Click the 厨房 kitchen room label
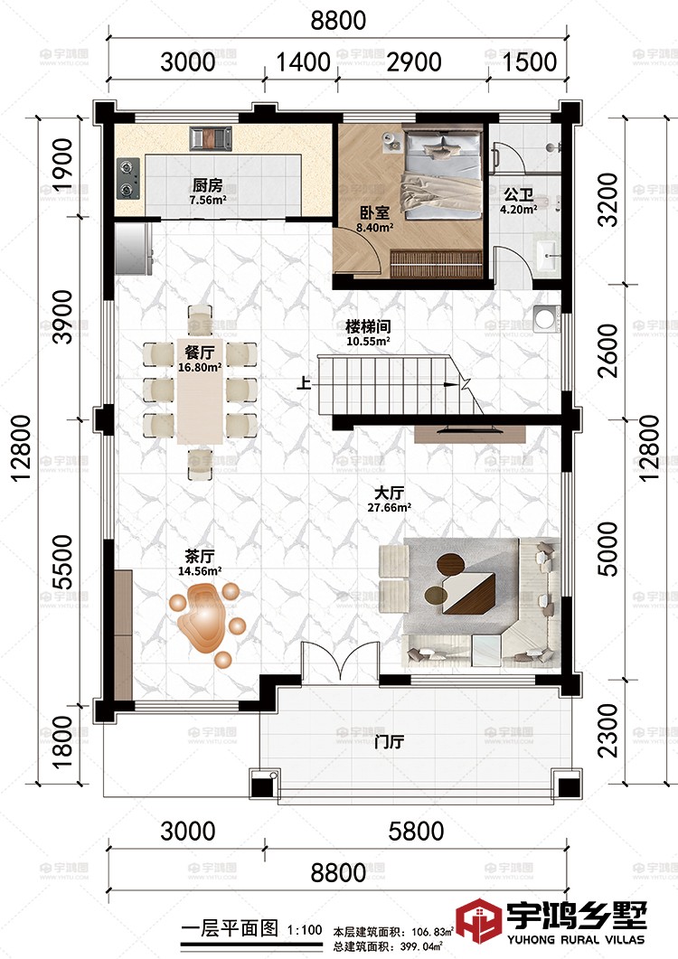(x=207, y=184)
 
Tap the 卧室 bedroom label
(x=374, y=212)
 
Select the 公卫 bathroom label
(x=518, y=195)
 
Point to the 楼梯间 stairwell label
(x=368, y=326)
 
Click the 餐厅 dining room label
(x=200, y=353)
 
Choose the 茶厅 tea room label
(x=200, y=556)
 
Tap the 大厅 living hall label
(x=389, y=493)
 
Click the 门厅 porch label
(x=389, y=742)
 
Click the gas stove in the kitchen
(x=127, y=178)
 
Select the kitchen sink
(x=211, y=138)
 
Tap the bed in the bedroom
(x=443, y=174)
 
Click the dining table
(x=200, y=390)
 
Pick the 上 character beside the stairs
(x=304, y=383)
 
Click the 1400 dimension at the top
(x=303, y=61)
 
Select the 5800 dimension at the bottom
(x=416, y=832)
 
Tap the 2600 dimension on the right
(x=609, y=351)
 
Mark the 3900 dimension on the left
(x=63, y=317)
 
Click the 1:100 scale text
(x=305, y=930)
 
